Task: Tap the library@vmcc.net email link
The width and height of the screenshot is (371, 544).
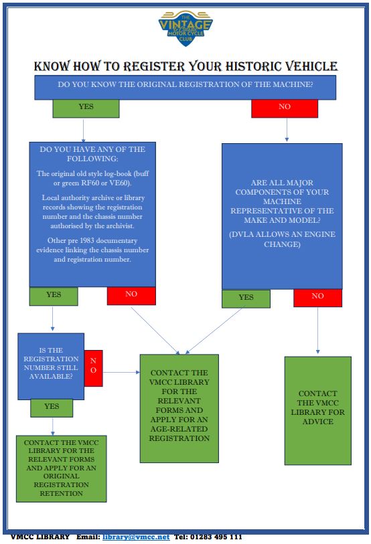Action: pyautogui.click(x=136, y=537)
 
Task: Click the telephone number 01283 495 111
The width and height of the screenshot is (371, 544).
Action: pyautogui.click(x=216, y=537)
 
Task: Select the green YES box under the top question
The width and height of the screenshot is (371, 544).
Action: pyautogui.click(x=86, y=108)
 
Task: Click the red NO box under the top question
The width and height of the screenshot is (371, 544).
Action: pyautogui.click(x=285, y=108)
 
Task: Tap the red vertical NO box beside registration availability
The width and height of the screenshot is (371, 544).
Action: pyautogui.click(x=94, y=368)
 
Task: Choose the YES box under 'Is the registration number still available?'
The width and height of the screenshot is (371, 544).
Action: pyautogui.click(x=52, y=408)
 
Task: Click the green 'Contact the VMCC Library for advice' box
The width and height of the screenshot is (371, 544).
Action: pyautogui.click(x=318, y=411)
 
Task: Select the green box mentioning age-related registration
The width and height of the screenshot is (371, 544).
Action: pyautogui.click(x=179, y=408)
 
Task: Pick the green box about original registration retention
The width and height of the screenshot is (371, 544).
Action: pyautogui.click(x=62, y=468)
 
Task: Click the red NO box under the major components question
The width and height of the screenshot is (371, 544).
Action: pyautogui.click(x=317, y=298)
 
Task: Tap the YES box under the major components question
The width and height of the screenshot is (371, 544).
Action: pyautogui.click(x=246, y=298)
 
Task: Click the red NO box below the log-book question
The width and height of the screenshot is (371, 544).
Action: pyautogui.click(x=131, y=296)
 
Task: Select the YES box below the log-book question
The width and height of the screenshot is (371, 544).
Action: pyautogui.click(x=54, y=296)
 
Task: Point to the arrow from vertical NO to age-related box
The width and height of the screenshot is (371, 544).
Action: pyautogui.click(x=121, y=372)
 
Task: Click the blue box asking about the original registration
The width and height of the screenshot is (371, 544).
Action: pyautogui.click(x=185, y=88)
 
